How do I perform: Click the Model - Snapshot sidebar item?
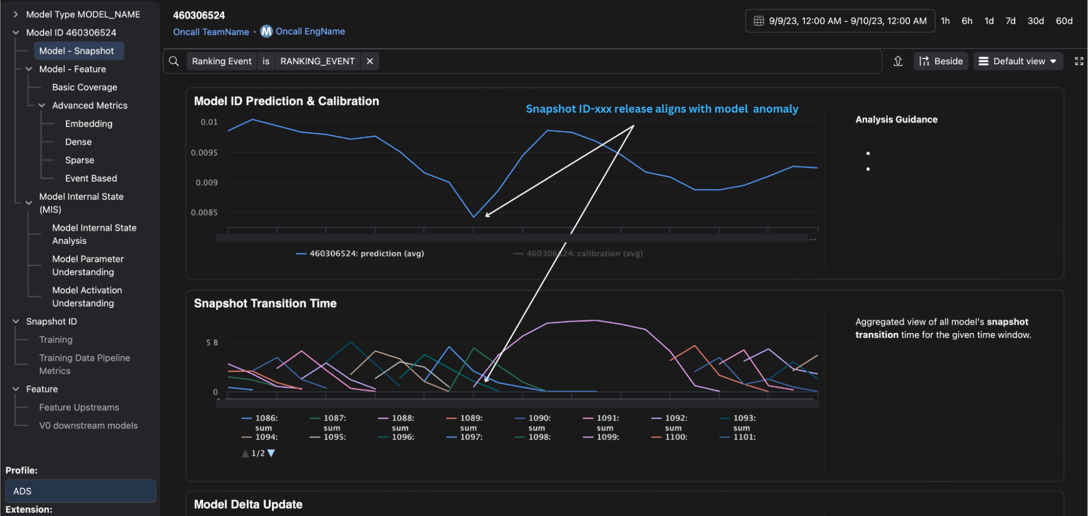[x=76, y=51]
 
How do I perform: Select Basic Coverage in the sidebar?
[x=84, y=87]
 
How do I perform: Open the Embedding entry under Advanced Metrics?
[x=89, y=124]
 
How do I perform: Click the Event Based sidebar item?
[x=91, y=178]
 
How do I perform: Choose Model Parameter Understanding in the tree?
[x=88, y=265]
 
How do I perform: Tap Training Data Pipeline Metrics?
[x=84, y=364]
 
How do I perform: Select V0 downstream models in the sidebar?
[x=88, y=426]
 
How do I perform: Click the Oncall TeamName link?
[x=211, y=32]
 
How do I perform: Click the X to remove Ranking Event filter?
[x=370, y=61]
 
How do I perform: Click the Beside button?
[x=941, y=61]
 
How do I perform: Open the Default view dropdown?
[x=1018, y=61]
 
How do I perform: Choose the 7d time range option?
[x=1010, y=21]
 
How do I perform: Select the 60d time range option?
[x=1064, y=21]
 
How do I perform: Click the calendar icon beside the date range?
[x=758, y=21]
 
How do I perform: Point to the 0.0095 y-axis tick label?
[x=204, y=152]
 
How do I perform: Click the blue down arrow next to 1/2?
[x=271, y=453]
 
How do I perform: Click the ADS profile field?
[x=81, y=491]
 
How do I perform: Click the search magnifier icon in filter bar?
[x=174, y=61]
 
